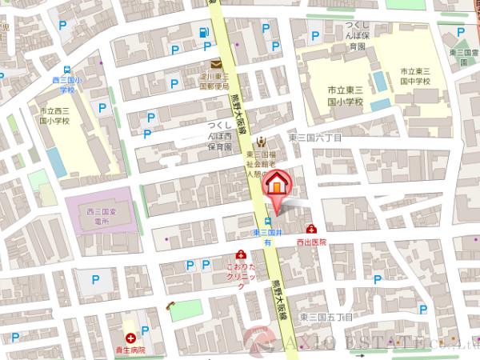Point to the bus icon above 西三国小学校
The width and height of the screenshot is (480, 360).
point(68,70)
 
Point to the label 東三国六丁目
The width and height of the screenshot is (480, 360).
point(314,138)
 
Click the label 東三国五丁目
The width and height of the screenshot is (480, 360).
point(326,318)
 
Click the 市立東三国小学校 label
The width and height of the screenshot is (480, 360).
point(345,96)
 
